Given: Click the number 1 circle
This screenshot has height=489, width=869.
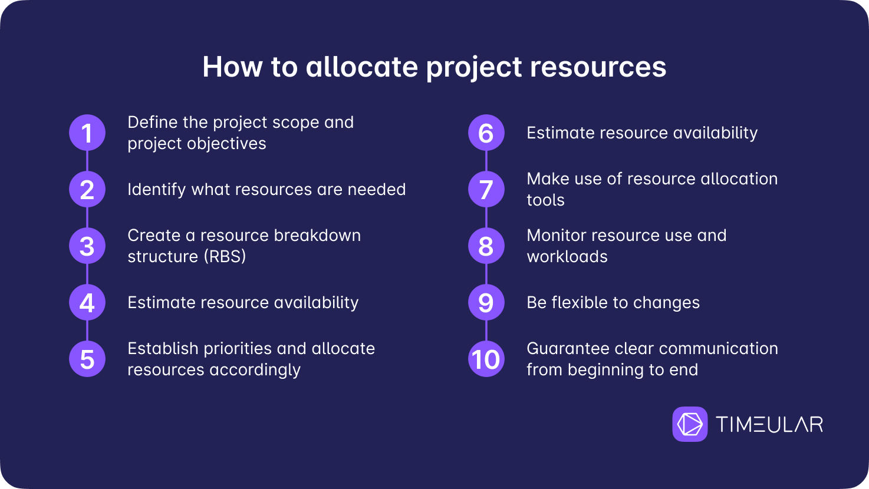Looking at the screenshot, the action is (87, 133).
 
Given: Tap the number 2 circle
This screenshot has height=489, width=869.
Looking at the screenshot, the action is (87, 189).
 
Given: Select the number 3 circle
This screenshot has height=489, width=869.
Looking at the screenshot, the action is (87, 246).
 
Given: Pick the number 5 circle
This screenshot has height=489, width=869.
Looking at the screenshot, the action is (87, 359).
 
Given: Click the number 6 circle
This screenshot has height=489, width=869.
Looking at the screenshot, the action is (486, 133).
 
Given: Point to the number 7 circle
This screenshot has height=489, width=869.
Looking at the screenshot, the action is (486, 189).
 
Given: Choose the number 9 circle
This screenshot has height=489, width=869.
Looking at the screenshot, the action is (486, 302).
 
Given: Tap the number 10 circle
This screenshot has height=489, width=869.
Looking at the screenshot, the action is (486, 359).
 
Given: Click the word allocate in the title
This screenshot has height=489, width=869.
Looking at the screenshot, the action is (361, 67).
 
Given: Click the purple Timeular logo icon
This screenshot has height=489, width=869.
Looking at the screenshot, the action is (690, 424).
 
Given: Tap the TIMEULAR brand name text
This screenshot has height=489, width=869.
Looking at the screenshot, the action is (769, 424).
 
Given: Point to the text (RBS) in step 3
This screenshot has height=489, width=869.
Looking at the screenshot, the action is (225, 257).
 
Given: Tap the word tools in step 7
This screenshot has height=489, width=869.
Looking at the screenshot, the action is (545, 200).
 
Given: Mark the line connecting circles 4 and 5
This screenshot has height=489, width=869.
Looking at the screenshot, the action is (87, 331).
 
